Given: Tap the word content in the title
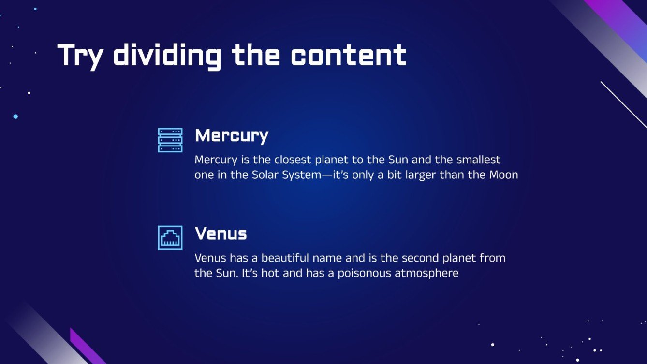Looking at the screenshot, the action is [348, 55].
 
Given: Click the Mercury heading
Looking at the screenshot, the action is [232, 136].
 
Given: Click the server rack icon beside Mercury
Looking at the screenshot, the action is [170, 140].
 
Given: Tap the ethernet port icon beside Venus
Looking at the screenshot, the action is [170, 237].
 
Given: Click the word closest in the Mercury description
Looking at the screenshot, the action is [293, 160].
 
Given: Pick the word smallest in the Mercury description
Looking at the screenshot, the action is [478, 160].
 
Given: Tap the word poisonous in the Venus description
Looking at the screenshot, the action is [364, 273].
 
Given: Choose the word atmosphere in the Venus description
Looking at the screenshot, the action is [426, 273].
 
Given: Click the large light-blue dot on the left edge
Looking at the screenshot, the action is [15, 116].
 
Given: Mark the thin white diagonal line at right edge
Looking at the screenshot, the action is [624, 104].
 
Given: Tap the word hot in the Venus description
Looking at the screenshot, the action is [270, 273].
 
